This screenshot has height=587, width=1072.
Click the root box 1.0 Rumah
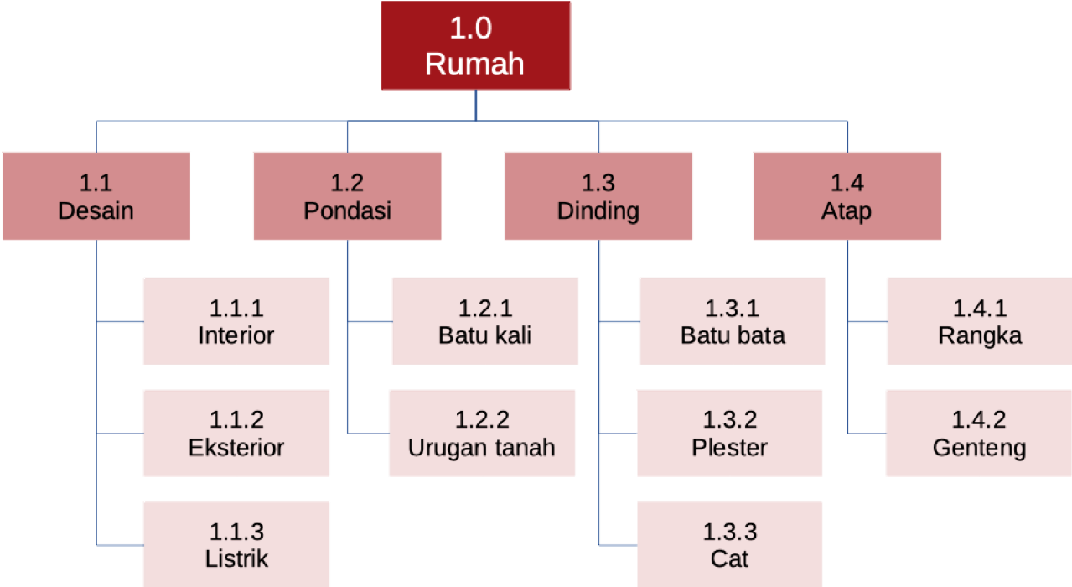pos(475,45)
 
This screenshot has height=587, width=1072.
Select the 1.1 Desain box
pos(96,196)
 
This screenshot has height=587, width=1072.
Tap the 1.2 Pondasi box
pos(347,196)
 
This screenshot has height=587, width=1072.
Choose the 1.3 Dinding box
pos(598,196)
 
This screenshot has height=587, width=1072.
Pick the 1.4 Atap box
pos(847,196)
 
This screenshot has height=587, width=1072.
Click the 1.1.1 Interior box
pos(236,322)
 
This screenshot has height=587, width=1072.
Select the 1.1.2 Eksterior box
pos(236,434)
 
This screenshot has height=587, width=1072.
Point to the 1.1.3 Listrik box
pos(236,544)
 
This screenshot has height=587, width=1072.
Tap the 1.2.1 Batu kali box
pos(485,322)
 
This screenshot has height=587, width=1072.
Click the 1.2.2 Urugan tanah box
pos(482,434)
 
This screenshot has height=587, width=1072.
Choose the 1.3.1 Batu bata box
pos(733,322)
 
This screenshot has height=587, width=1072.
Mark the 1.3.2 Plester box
pos(729,434)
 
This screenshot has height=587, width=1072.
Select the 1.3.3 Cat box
pos(729,544)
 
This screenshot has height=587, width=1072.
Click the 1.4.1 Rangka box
pos(979,322)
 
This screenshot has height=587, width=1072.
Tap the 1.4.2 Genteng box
pos(979,434)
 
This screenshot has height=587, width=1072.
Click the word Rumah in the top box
pos(474,65)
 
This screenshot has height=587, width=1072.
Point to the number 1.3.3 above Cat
pos(729,532)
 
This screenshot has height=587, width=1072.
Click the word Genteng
pos(979,448)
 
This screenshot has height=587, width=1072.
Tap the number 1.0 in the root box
pos(471,29)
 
